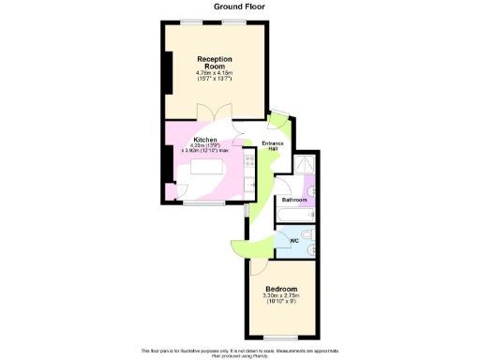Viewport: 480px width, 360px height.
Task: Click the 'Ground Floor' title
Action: [x=239, y=6]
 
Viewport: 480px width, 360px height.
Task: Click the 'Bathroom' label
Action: [x=294, y=201]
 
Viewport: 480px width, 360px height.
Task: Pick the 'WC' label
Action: [x=294, y=241]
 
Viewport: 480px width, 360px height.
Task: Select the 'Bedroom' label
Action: [x=281, y=289]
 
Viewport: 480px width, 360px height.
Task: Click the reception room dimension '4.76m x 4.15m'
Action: [x=215, y=73]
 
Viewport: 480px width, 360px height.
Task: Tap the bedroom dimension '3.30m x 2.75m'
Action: [x=281, y=297]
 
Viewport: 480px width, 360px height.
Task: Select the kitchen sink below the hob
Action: [x=248, y=185]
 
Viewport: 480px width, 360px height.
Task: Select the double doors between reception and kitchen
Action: [x=215, y=113]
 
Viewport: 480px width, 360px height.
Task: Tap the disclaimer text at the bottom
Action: [x=239, y=352]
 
